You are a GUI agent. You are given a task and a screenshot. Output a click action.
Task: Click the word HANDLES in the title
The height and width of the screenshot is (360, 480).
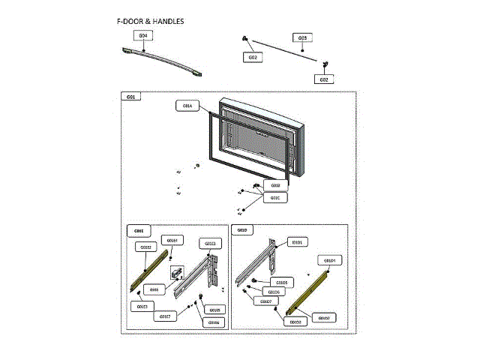pos(166,21)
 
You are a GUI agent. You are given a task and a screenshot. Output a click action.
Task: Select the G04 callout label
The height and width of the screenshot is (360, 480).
pos(143,35)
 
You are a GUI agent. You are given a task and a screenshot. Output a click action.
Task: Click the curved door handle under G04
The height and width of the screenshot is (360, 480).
pos(161,60)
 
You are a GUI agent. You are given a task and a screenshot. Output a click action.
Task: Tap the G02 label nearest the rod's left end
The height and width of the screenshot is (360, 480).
pos(253,57)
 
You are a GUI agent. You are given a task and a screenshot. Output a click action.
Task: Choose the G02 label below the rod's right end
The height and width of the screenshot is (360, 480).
pos(324,79)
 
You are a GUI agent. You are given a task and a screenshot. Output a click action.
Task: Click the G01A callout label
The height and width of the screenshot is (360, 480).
pos(186,106)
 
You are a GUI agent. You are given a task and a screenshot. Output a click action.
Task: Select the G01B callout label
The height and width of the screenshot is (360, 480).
pos(275,185)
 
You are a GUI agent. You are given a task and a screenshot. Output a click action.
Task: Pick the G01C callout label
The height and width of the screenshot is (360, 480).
pos(275,198)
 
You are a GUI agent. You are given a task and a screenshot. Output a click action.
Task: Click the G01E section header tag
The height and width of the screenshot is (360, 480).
pos(139,230)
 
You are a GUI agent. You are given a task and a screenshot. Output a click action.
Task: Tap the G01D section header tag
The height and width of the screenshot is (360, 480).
pos(241,230)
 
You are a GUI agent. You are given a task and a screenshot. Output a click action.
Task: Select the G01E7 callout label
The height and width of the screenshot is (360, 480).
pos(165,316)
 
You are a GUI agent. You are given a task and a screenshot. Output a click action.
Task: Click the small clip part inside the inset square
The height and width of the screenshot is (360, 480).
pos(178,275)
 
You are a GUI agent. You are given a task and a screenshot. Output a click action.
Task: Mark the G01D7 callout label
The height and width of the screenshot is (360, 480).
pos(265,301)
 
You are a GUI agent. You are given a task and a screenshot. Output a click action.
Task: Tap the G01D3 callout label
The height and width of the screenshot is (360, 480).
pos(295,322)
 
